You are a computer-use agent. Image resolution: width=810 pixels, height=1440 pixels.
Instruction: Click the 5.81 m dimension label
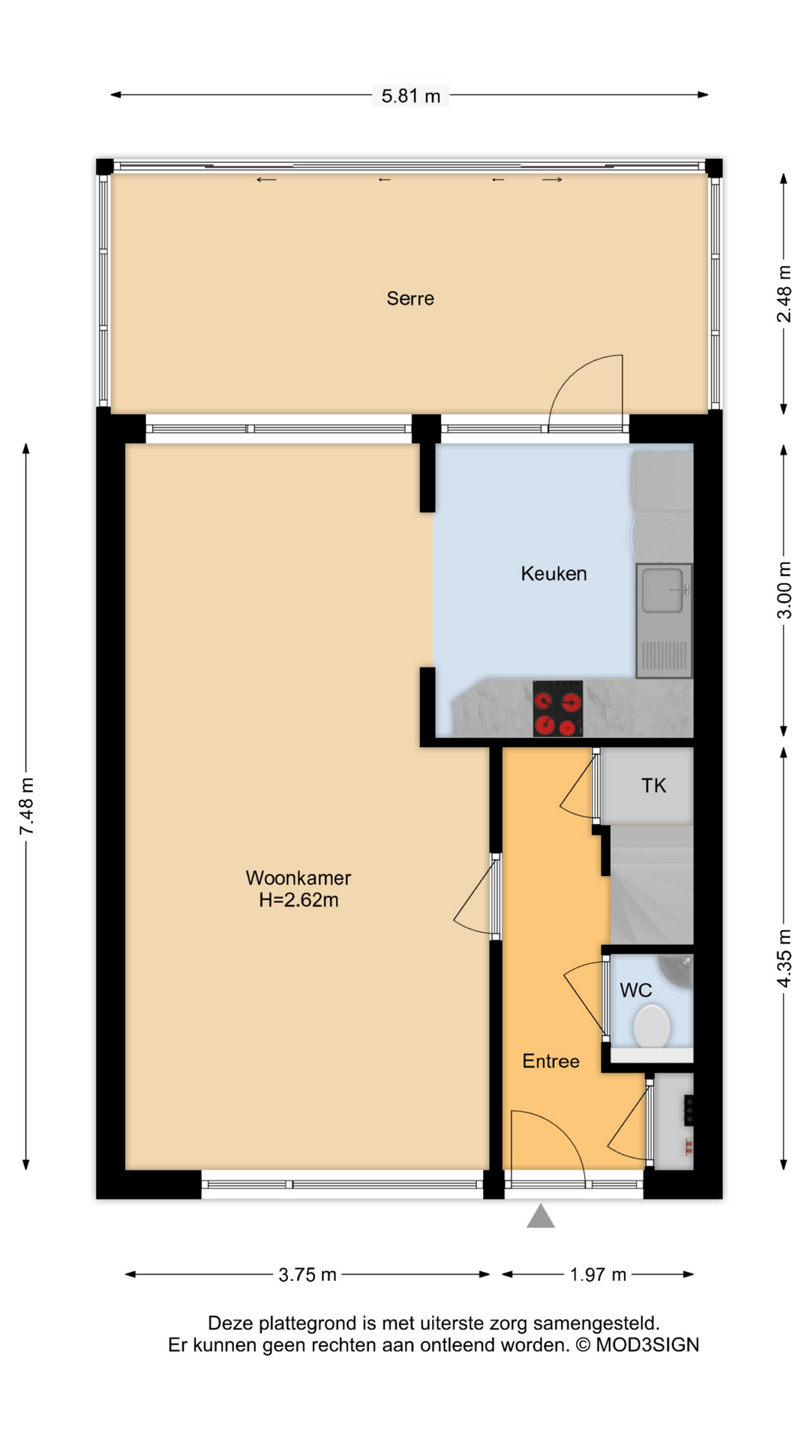point(410,96)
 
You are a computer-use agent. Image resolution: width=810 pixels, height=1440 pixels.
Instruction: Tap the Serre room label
point(410,298)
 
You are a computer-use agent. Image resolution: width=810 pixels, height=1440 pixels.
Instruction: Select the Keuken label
point(553,574)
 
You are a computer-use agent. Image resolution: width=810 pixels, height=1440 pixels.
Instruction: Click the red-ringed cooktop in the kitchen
point(557,708)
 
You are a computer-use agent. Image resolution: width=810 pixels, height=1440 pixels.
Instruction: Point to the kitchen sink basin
point(663,589)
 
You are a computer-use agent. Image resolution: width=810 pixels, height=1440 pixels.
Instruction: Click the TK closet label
point(653,785)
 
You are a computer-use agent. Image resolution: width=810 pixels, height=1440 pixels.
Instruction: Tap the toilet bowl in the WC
point(651,1026)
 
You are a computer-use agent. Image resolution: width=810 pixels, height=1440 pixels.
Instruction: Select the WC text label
point(635,990)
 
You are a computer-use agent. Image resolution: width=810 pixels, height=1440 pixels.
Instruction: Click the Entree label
point(550,1061)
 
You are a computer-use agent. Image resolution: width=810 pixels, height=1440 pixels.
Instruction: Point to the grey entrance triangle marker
point(540,1217)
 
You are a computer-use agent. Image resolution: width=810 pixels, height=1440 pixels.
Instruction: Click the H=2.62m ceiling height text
point(298,900)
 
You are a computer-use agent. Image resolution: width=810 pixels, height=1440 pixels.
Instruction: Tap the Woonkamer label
point(298,877)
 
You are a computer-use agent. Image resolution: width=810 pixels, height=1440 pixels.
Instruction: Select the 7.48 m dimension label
point(27,806)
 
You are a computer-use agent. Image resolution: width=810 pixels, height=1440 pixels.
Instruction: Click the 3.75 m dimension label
point(307,1274)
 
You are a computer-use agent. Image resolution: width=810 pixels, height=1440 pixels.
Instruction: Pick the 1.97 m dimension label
point(597,1274)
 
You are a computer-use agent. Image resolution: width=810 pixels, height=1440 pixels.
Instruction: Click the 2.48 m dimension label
point(784,294)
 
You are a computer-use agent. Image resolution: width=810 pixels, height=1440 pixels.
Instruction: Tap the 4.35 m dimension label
point(784,958)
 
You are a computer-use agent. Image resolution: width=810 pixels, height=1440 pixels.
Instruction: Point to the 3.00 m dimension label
point(784,589)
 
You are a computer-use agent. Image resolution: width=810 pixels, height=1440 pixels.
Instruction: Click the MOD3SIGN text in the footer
point(647,1345)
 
